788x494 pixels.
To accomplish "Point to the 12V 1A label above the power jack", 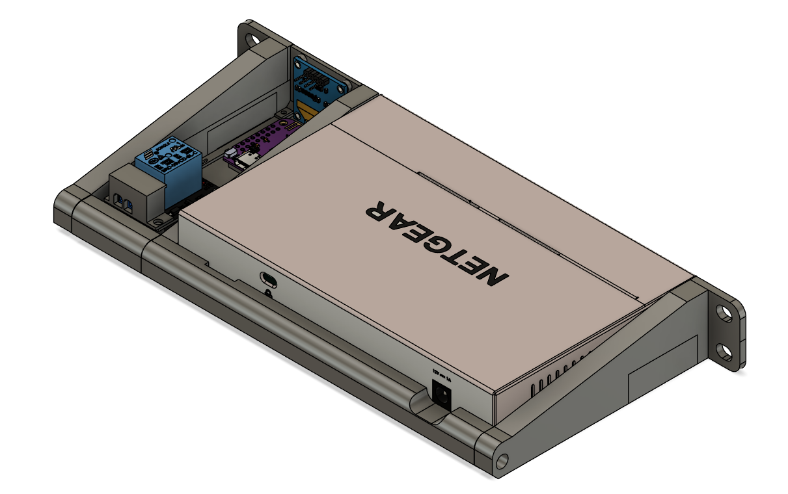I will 441,373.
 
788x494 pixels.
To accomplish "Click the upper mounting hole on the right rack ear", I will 724,313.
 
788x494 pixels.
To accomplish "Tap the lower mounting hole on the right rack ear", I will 724,352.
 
